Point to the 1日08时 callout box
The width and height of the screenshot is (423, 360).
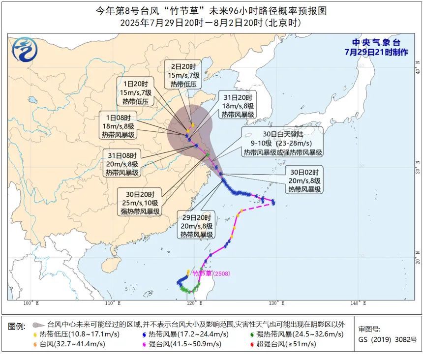pos(121,126)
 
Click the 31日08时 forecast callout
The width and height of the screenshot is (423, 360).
pos(122,164)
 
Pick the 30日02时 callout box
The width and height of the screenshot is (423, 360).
pos(305,180)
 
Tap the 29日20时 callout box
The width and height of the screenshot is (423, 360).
pos(196,226)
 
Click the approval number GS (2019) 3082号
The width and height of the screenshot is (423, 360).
pos(387,339)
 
